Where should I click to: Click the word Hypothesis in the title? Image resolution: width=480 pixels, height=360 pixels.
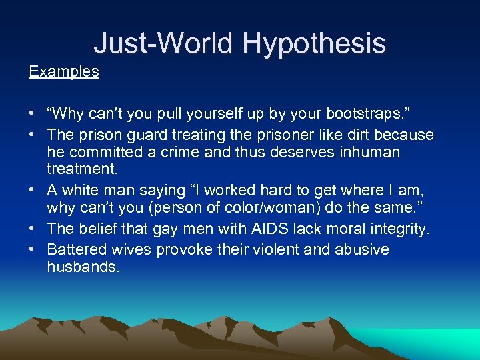tap(314, 43)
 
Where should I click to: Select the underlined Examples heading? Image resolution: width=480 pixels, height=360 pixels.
tap(64, 71)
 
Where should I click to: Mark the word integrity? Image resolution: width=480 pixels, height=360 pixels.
tap(397, 229)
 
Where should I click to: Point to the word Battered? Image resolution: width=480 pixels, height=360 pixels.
tap(76, 249)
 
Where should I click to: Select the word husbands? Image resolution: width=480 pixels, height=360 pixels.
tap(83, 267)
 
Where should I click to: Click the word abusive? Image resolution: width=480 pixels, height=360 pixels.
tap(363, 249)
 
